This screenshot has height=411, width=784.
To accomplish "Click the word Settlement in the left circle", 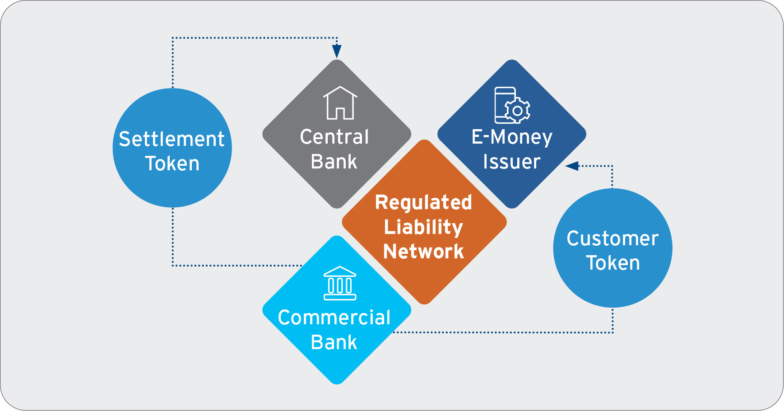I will coord(172,139).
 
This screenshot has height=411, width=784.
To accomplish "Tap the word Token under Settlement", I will coord(172,163).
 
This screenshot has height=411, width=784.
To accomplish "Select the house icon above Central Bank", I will coord(340,103).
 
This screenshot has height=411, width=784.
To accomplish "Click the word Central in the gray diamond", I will coord(334,137).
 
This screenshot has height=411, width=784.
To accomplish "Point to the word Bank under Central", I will coord(334,162).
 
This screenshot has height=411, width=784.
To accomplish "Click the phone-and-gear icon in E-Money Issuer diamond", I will coord(512,105).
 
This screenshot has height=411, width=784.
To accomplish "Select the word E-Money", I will coord(512,137).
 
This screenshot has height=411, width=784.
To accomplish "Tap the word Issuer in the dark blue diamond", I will coord(511,162).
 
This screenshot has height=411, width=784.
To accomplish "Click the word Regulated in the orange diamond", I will coord(423,202).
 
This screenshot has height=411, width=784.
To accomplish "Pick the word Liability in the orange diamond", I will coord(423,227).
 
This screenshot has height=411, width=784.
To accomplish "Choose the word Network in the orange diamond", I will coord(423,252).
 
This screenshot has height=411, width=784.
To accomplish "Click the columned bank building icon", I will coord(340,283).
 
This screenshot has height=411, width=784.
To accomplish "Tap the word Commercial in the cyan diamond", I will coord(334,318).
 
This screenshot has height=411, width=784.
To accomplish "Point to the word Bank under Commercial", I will coord(334,342).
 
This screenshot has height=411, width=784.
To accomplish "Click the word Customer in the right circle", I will coord(612,238).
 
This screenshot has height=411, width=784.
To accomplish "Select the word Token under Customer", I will coord(613,263).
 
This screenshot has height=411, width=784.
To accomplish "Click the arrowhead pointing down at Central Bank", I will coord(337,51).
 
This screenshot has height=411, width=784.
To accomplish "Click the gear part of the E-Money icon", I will coord(518,111).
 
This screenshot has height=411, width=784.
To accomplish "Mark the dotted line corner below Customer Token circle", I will coord(612,333).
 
